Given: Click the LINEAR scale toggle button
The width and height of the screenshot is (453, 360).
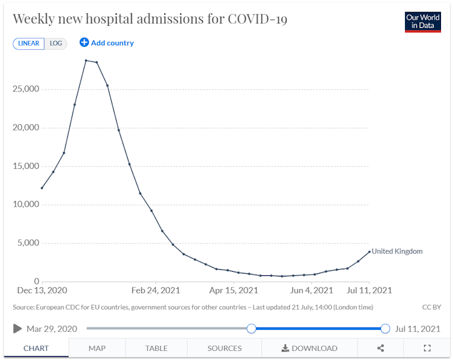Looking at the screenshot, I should [28, 43].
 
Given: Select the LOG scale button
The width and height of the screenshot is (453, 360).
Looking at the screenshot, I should [56, 43].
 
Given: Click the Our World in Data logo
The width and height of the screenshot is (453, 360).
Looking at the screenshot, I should [423, 22].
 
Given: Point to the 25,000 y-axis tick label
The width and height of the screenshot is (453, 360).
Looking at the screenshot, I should [26, 89].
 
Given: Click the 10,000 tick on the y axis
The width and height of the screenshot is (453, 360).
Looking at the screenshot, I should [26, 204].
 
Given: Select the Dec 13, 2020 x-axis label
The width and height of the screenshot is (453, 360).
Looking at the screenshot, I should [41, 290].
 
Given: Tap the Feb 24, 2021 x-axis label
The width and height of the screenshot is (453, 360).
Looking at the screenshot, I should [156, 290].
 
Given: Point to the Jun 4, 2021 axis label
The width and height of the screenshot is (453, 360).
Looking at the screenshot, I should [311, 290].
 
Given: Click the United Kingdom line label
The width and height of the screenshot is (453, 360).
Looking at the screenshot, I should [397, 251].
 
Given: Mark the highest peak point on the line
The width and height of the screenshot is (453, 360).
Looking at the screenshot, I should [86, 60].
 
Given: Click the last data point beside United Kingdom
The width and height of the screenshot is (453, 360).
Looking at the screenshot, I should [369, 251].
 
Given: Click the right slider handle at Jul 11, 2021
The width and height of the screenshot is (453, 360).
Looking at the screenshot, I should [385, 329].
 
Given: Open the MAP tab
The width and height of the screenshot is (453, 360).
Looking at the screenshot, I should [97, 348].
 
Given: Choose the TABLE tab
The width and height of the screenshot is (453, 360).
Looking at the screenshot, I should [156, 348].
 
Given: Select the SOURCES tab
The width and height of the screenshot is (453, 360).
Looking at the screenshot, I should [224, 348].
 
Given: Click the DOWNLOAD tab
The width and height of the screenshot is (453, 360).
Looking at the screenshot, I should [309, 348].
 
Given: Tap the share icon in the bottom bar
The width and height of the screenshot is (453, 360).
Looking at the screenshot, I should [380, 348].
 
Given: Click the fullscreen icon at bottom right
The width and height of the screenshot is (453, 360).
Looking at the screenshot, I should [427, 348].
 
